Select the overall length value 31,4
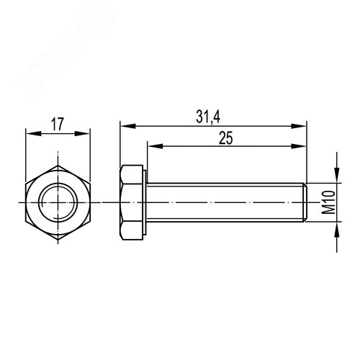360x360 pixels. [212, 116]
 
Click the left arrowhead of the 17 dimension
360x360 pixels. [30, 132]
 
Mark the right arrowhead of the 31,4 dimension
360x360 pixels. [302, 125]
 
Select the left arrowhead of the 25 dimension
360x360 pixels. [152, 145]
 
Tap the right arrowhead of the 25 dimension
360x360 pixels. [302, 145]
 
